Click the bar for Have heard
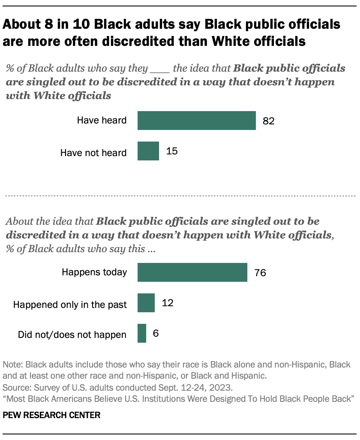(x=197, y=120)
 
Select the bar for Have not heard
(x=148, y=151)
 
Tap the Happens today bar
(x=192, y=272)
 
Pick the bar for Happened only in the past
(x=146, y=303)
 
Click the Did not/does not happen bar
(x=142, y=334)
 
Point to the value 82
(x=268, y=121)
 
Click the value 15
(x=171, y=151)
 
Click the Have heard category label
(x=102, y=121)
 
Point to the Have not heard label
(x=93, y=152)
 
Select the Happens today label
(x=94, y=272)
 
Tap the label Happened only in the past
(x=70, y=304)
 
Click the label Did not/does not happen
(x=72, y=335)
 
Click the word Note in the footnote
(x=12, y=365)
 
